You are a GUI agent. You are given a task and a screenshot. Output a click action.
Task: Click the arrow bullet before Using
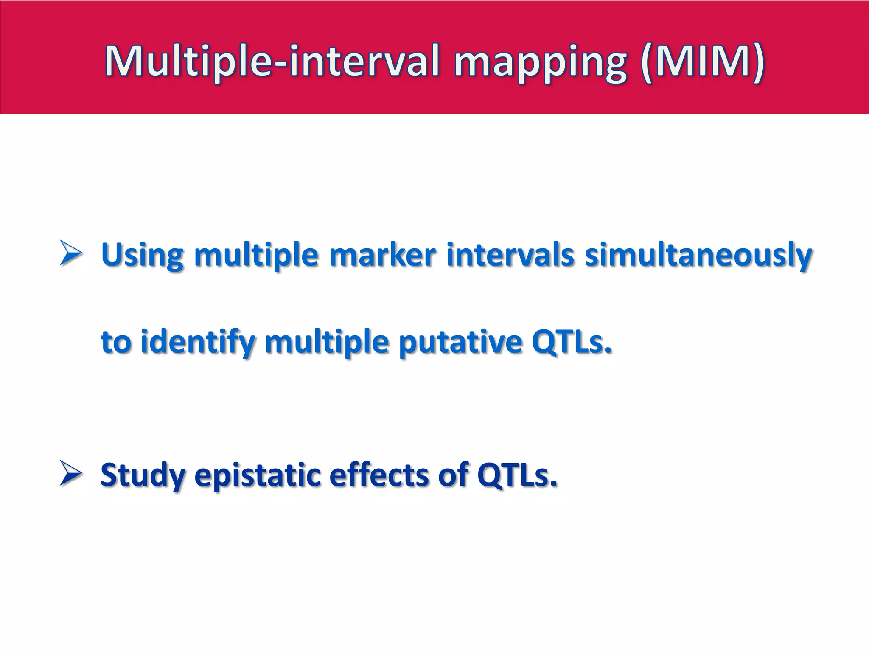pyautogui.click(x=71, y=253)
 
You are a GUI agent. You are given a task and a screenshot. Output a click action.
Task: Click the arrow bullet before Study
pyautogui.click(x=71, y=473)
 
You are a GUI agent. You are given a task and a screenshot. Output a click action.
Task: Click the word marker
pyautogui.click(x=382, y=255)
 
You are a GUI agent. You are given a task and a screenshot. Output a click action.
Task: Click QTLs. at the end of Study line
pyautogui.click(x=516, y=475)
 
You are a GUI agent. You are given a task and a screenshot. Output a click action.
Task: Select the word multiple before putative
pyautogui.click(x=327, y=342)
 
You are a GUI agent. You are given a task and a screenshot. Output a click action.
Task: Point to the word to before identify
pyautogui.click(x=116, y=342)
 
